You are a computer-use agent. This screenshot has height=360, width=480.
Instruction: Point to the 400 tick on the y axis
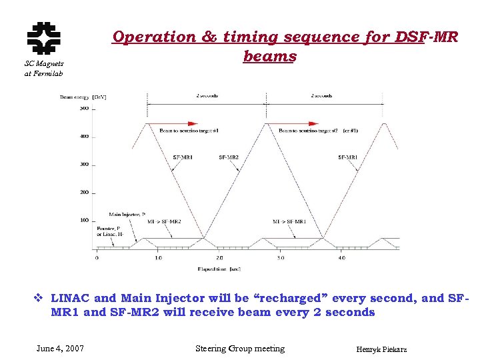coord(84,136)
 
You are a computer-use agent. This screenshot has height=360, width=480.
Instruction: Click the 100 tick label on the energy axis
coord(84,220)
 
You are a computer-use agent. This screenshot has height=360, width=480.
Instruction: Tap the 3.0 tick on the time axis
coord(281,257)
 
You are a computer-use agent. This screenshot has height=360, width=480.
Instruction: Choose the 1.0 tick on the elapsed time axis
coord(158,257)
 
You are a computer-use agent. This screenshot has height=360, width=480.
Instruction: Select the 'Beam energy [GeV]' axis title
coord(83,97)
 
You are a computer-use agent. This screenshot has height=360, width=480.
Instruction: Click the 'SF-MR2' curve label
coord(229,157)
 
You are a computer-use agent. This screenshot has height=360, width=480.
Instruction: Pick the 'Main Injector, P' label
coord(127,215)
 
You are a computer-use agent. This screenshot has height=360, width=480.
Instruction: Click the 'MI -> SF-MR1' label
coord(289,221)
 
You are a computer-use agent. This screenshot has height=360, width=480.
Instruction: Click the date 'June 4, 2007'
coord(60,349)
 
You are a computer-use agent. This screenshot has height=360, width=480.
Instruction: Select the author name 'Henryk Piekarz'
coord(381,349)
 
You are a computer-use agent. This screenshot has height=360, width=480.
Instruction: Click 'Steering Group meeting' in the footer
coord(239,349)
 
